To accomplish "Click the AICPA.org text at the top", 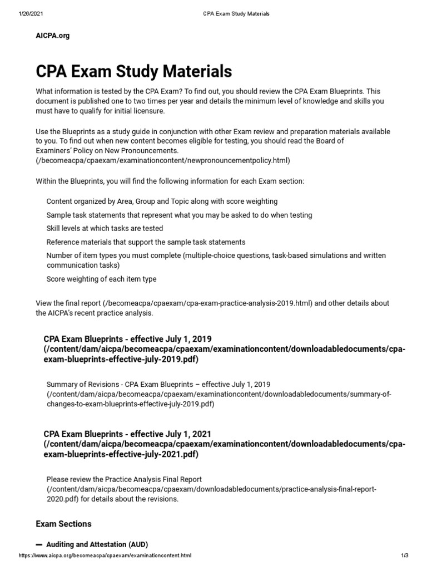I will coord(53,36).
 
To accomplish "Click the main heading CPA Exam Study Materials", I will coord(134,71).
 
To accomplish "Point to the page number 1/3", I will coord(404,556).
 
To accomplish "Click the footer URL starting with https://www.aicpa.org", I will coord(105,556).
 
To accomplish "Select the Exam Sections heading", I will coord(63,524).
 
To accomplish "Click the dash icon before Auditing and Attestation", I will coord(39,544).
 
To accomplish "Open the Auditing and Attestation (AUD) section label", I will coord(97,544).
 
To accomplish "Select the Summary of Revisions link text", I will coord(158,385).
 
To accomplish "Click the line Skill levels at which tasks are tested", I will coord(105,229).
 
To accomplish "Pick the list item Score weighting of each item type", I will coord(101,279).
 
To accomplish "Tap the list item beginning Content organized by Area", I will coord(162,201).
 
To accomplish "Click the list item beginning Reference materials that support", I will coord(146,242).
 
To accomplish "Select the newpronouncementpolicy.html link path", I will coord(163,160).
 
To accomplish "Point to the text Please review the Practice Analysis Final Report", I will coord(124,479).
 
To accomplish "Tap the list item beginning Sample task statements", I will coord(179,215).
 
